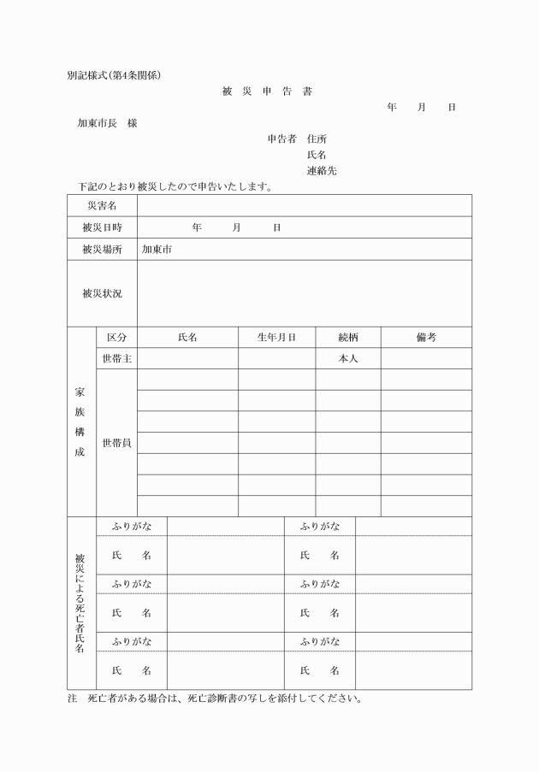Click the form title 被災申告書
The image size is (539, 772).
266,91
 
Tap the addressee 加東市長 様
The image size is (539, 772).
107,123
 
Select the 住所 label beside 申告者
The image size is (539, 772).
317,139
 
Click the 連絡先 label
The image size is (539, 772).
322,170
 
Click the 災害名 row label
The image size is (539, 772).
102,206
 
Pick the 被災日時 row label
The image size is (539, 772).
102,227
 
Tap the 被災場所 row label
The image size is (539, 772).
102,250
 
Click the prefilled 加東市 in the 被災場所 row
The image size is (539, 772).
157,250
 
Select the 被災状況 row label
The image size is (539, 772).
102,293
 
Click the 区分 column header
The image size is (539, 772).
116,338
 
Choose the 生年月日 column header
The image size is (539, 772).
276,338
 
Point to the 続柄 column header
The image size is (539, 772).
347,338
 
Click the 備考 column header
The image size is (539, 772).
426,338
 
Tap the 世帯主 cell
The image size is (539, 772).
116,359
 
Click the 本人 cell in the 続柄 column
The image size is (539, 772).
347,359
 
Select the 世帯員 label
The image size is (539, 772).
116,443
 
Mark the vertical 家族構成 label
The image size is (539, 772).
80,422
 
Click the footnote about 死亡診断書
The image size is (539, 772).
215,698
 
